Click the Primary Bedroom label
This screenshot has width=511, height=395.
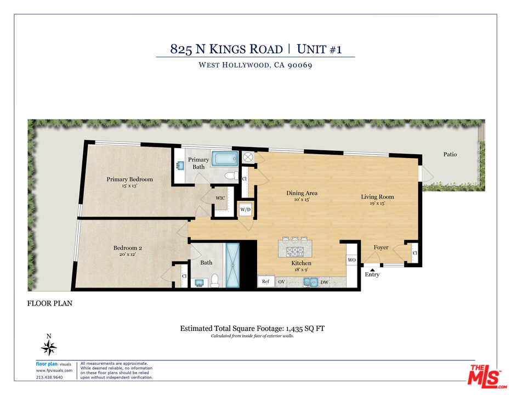129,179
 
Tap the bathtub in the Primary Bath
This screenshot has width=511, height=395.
225,159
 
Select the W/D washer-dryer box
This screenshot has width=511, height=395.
246,210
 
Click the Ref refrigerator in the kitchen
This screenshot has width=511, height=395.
265,281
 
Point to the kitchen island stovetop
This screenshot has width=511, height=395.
295,251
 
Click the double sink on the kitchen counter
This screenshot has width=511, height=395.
310,282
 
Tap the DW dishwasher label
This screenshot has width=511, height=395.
324,282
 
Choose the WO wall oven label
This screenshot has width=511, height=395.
351,260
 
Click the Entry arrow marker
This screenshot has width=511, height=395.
372,270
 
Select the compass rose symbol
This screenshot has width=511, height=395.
49,348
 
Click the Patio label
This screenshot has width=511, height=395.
450,154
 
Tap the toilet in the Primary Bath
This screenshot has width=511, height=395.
232,176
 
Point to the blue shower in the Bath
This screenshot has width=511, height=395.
232,265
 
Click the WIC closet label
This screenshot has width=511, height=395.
220,198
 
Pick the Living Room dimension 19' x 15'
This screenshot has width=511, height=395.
377,203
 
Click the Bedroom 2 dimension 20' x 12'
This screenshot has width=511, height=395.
127,254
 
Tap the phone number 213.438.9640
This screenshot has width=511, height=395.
49,377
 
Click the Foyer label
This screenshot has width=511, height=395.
381,247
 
